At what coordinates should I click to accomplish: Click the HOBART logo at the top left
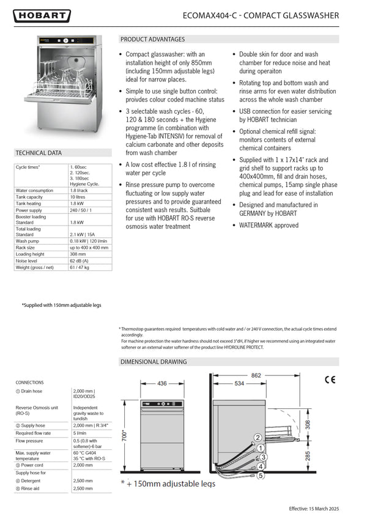coord(42,16)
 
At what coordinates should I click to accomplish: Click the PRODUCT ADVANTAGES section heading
coord(152,39)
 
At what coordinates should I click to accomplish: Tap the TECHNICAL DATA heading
coord(39,153)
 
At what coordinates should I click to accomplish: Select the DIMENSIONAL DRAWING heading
coord(154,362)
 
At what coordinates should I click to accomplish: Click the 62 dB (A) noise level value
coord(81,260)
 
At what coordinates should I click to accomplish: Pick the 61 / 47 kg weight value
coord(82,267)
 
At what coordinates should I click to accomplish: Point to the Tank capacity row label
coord(29,197)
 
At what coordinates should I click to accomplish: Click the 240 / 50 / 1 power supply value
coord(83,210)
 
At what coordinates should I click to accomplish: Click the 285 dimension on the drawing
coord(308,455)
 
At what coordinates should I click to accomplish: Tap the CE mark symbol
coord(330,379)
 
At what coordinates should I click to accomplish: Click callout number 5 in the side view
coord(260,474)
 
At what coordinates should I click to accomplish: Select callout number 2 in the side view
coord(258,437)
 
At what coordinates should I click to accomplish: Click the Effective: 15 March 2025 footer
coord(322,509)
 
